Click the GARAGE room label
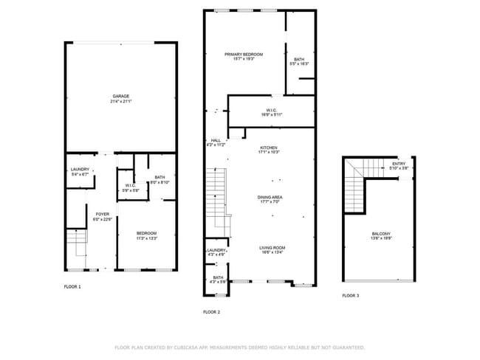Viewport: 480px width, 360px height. [x=121, y=96]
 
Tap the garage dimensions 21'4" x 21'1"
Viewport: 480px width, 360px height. [x=121, y=101]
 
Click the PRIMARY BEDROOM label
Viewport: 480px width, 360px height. [x=244, y=54]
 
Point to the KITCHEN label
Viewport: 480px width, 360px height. [x=268, y=148]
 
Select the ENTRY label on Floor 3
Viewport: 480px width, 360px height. [x=398, y=164]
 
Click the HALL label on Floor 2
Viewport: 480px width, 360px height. [x=216, y=140]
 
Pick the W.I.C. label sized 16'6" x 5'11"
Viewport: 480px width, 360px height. [x=271, y=111]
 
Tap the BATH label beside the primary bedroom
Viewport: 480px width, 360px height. [x=298, y=59]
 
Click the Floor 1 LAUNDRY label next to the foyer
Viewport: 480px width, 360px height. [x=80, y=170]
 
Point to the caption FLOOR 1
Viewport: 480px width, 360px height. [x=72, y=286]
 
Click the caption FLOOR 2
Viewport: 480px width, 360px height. [x=212, y=311]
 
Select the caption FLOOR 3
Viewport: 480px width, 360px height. [x=350, y=295]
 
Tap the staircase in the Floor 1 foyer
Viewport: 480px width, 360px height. [x=76, y=238]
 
